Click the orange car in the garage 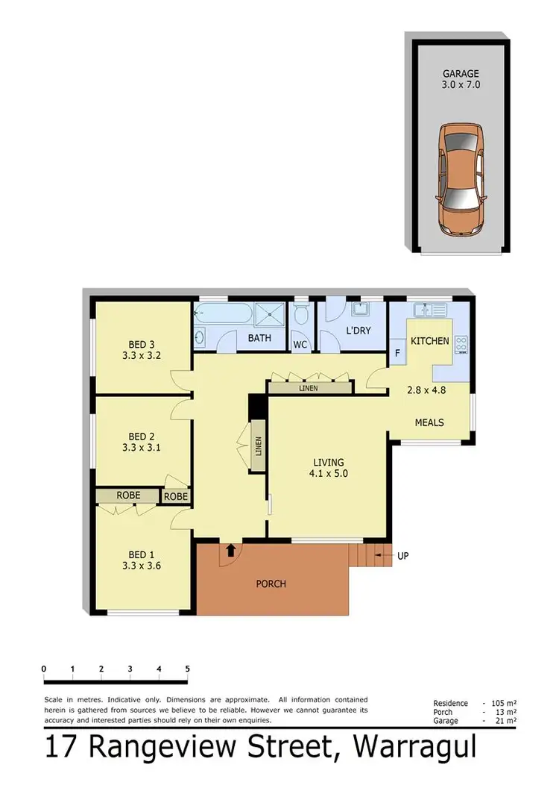coord(461,180)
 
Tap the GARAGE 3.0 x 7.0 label coord(461,79)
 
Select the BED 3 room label coord(142,350)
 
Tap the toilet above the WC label coord(301,316)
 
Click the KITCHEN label coord(430,341)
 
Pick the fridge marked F coord(397,354)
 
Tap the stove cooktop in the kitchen coord(461,344)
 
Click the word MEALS coord(429,422)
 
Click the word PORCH coord(271,584)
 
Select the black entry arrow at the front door coord(230,551)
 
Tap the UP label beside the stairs coord(403,556)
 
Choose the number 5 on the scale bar coord(187,669)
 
